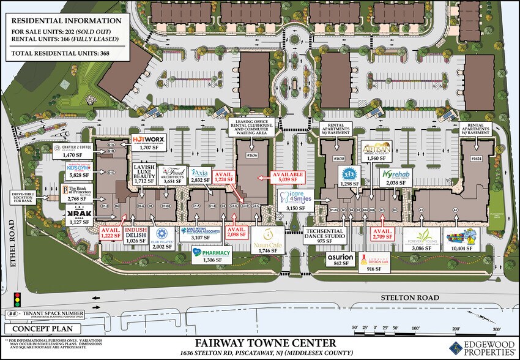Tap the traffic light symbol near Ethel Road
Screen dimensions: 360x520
tap(17, 300)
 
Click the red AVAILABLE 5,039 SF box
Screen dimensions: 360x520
tap(292, 178)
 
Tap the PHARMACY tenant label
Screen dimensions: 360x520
tap(212, 253)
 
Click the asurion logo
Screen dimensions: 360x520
tap(340, 257)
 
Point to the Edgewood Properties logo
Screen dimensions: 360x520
tap(483, 347)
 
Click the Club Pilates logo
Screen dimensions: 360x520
tap(162, 234)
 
